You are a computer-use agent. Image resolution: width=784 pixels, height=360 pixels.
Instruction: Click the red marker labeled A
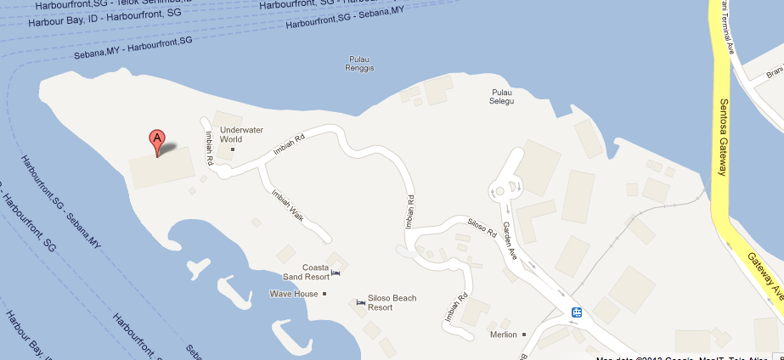tap(157, 141)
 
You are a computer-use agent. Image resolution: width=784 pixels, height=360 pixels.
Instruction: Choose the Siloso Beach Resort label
tap(392, 302)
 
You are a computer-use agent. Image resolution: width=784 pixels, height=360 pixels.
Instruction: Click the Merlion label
tap(504, 335)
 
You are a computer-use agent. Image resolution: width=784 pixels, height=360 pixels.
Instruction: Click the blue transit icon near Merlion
tap(577, 312)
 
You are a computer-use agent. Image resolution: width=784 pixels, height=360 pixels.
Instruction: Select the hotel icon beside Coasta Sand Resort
tap(336, 273)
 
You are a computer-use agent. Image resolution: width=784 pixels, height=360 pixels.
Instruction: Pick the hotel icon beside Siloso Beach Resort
tap(361, 302)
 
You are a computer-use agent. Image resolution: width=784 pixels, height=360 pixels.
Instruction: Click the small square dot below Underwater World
tap(232, 150)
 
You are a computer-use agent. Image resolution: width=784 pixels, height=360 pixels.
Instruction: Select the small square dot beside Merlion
tap(524, 335)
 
